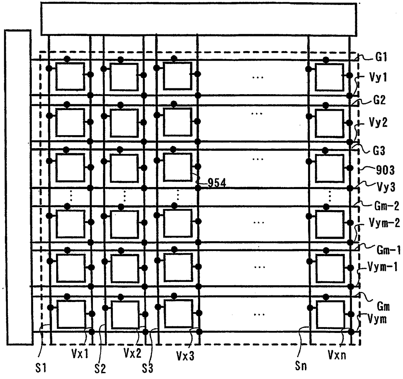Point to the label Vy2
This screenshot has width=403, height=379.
coord(378,123)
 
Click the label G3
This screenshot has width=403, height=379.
coord(379,151)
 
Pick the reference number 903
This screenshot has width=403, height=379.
coord(385,170)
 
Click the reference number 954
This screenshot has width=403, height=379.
coord(217,183)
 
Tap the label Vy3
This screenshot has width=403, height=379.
coord(386,187)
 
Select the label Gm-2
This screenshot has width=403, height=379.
coord(387,206)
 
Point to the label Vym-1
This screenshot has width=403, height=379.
coord(383,267)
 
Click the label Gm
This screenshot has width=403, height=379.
coord(383,306)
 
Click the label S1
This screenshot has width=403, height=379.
coord(41,368)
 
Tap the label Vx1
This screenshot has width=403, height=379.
coord(80,353)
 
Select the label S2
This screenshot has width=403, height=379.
coord(100,368)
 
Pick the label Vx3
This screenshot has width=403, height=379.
coord(185,356)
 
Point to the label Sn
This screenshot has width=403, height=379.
coord(301,366)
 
